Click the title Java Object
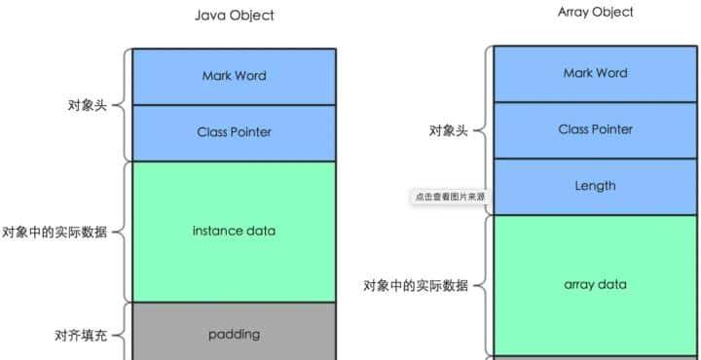(234, 16)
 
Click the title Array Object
(596, 12)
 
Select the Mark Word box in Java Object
(234, 76)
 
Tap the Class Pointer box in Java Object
(234, 132)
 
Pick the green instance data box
(234, 231)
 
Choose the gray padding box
(234, 334)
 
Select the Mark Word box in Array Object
(595, 73)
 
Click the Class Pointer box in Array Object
(595, 129)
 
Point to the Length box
(595, 186)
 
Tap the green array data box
(595, 285)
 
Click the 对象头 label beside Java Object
(87, 104)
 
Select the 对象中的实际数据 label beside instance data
(55, 233)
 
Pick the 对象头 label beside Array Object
(449, 130)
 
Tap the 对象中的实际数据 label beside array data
(416, 286)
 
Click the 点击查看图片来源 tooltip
(450, 197)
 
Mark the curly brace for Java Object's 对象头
(122, 104)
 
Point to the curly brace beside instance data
(122, 233)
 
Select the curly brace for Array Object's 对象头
(482, 130)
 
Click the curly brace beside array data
(482, 286)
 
